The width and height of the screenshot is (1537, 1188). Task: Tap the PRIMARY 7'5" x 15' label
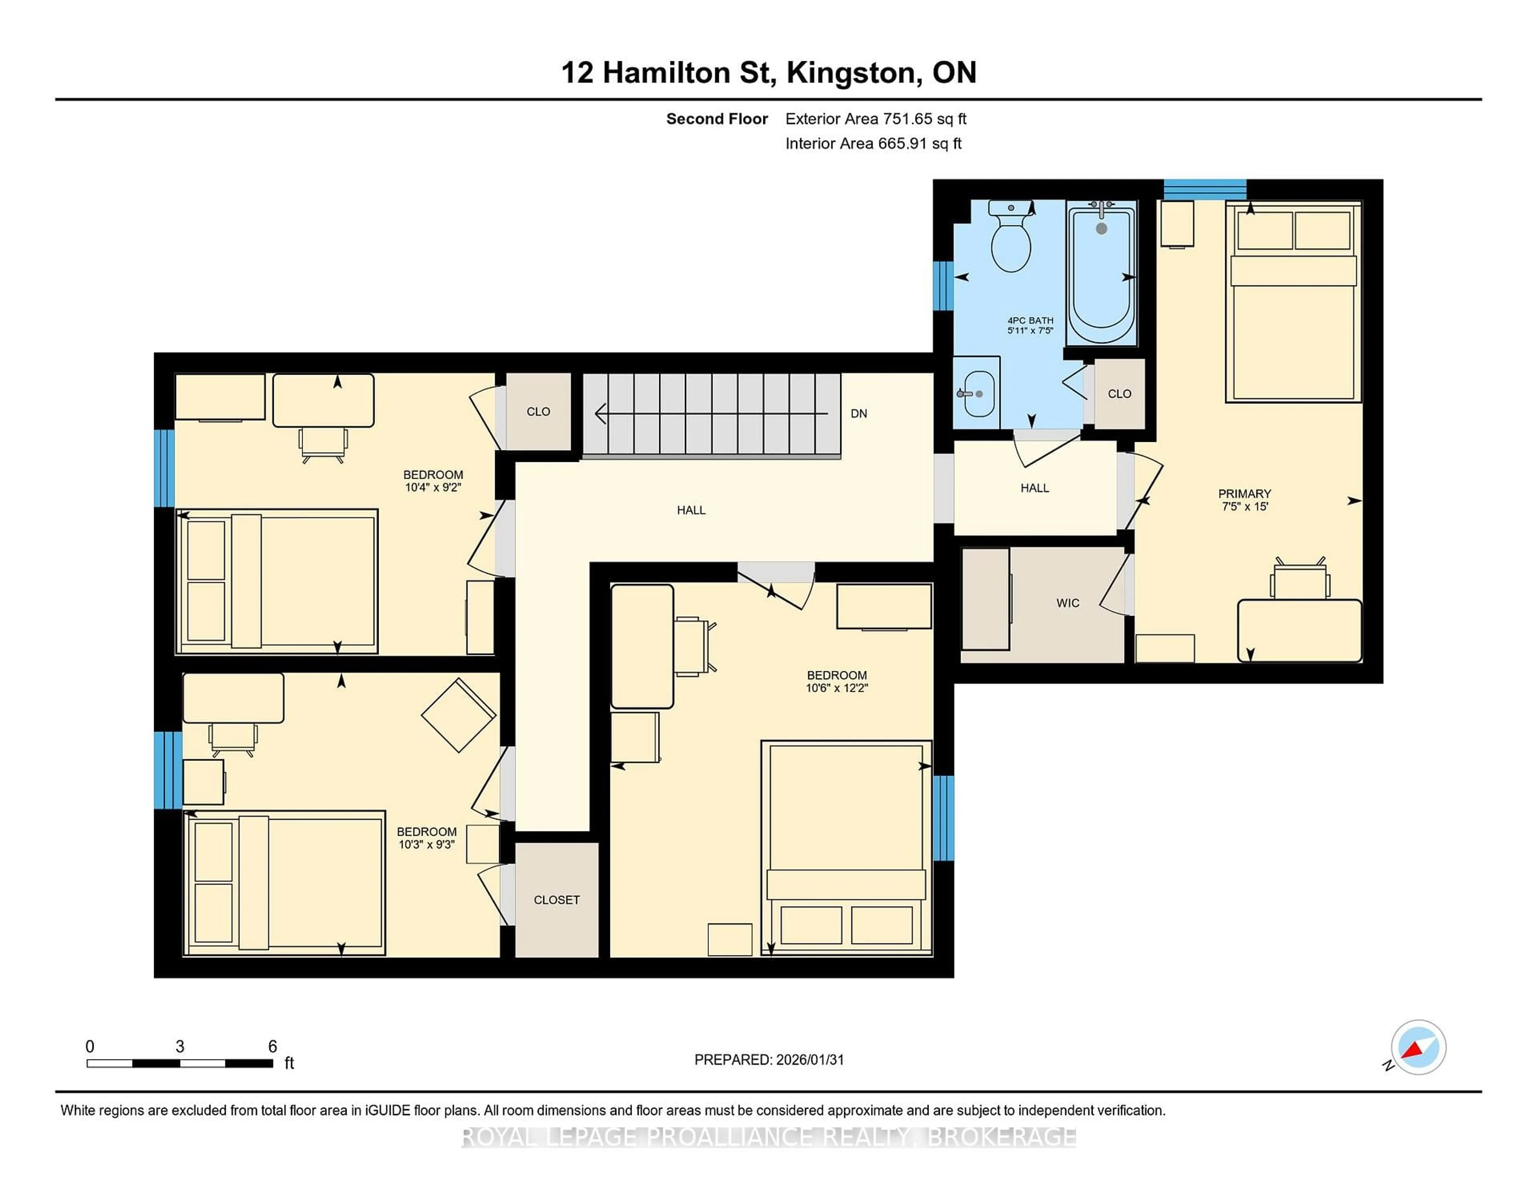(1244, 500)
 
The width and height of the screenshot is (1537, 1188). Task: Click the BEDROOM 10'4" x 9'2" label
(433, 481)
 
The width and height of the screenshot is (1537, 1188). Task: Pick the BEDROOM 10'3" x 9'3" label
(426, 837)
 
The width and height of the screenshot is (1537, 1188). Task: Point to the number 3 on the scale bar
(180, 1047)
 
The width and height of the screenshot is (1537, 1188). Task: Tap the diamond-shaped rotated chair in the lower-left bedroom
(458, 715)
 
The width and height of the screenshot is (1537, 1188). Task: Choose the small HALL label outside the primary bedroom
(1035, 488)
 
